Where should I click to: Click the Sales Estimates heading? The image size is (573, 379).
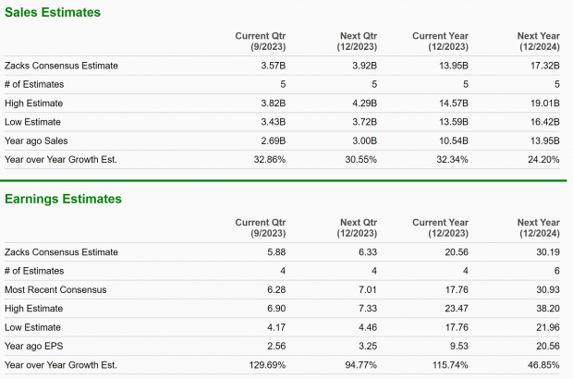pos(53,13)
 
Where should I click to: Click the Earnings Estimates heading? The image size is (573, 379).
pos(63,199)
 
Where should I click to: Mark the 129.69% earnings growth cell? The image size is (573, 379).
pos(265,364)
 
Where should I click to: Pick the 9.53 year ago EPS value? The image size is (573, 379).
pos(458,346)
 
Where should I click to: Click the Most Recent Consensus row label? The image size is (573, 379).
pos(55,289)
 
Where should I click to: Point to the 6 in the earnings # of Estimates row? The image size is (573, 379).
pos(557,271)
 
